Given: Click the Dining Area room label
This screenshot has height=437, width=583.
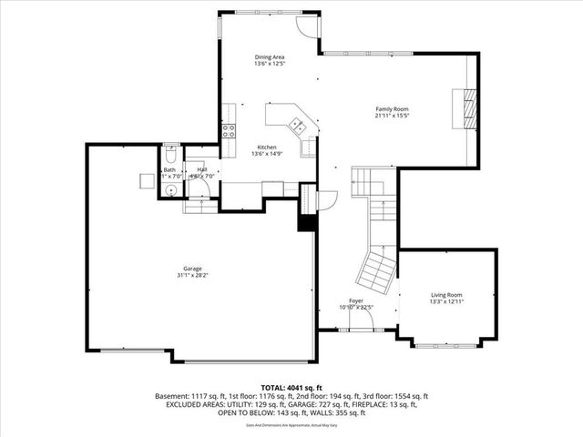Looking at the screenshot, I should pos(270,57).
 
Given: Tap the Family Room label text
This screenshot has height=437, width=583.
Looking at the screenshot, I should pos(392,109).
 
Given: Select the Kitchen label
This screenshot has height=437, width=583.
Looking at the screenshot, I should pos(266,147).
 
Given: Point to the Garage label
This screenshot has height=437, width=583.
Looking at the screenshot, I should pos(192,269).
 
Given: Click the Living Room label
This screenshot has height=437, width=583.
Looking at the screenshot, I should pos(446,295).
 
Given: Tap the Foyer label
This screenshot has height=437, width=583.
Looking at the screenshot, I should pos(356,301).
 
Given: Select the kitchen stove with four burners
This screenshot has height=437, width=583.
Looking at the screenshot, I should pos(230,131).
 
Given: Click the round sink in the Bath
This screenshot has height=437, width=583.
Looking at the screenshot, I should pos(169,189).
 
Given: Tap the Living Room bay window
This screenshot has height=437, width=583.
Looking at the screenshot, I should pos(446,344).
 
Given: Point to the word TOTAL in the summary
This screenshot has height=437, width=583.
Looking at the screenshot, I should pos(275,387).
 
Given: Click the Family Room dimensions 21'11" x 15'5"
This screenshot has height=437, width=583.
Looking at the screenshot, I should pos(392,117).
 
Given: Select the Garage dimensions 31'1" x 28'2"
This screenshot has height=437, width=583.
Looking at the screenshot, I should pos(192,276).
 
